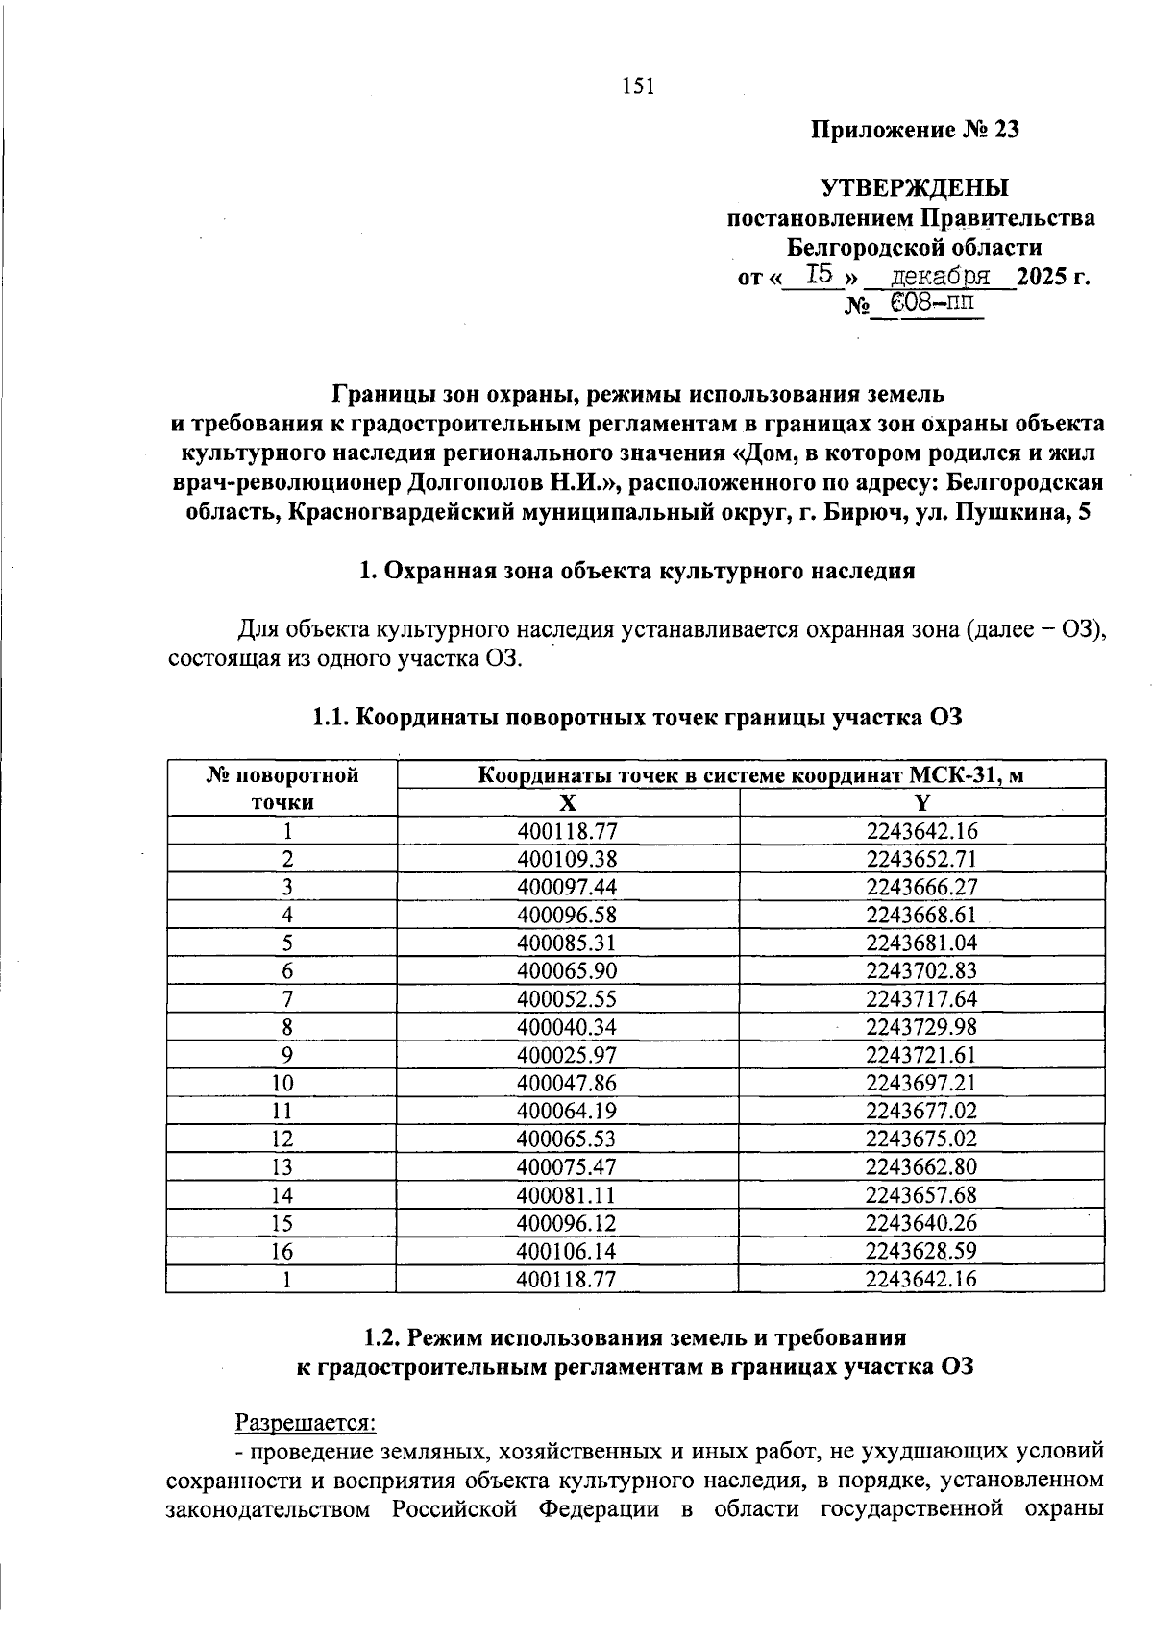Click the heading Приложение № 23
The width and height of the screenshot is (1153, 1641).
915,130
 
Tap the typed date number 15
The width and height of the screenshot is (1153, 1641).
819,276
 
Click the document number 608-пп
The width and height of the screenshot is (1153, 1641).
931,305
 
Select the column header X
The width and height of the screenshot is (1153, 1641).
568,803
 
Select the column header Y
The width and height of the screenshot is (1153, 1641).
921,803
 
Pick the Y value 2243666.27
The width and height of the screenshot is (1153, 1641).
921,887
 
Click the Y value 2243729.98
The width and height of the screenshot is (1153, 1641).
921,1026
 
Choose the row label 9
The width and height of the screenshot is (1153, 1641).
286,1055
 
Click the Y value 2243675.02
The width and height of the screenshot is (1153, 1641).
921,1139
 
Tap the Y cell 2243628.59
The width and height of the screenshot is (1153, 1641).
921,1251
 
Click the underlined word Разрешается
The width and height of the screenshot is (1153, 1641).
307,1421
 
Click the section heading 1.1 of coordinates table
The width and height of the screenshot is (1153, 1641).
637,718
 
